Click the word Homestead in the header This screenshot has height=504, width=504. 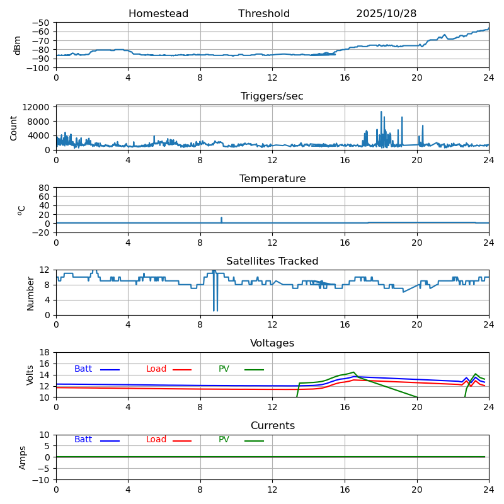tap(158, 14)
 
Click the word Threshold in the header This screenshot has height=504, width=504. tap(264, 14)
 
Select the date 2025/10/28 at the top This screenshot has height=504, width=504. tap(386, 14)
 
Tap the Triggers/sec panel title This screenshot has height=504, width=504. tap(272, 96)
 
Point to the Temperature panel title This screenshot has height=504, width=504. tap(272, 179)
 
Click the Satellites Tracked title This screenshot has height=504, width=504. tap(272, 261)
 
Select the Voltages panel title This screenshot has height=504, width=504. tap(272, 343)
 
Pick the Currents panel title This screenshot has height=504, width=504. tap(272, 426)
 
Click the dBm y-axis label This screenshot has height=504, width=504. tap(18, 45)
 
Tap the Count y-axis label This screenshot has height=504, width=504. tap(14, 127)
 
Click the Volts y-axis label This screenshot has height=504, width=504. tap(30, 375)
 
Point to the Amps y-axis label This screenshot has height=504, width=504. tap(23, 457)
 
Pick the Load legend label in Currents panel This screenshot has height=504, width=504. tap(156, 440)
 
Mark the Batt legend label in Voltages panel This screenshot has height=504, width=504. tap(83, 369)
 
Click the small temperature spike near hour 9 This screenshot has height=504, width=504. tap(221, 219)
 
